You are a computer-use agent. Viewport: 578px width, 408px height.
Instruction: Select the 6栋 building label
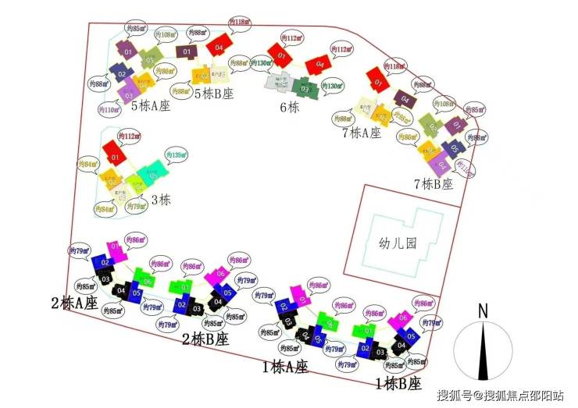click(289, 108)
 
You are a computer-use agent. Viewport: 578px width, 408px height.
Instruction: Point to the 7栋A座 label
click(360, 133)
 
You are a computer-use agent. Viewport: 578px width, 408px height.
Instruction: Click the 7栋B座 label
click(433, 185)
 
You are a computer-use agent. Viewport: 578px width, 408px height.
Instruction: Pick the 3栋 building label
click(160, 199)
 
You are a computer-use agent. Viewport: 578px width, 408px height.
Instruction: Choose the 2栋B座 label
click(205, 339)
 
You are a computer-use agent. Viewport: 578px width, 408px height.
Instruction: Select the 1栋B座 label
click(398, 384)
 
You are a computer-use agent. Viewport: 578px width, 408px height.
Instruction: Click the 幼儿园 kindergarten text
click(394, 243)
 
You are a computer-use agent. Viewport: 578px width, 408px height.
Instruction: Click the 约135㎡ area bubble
click(176, 155)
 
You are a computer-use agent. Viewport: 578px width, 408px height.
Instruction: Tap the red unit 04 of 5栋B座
click(219, 44)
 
